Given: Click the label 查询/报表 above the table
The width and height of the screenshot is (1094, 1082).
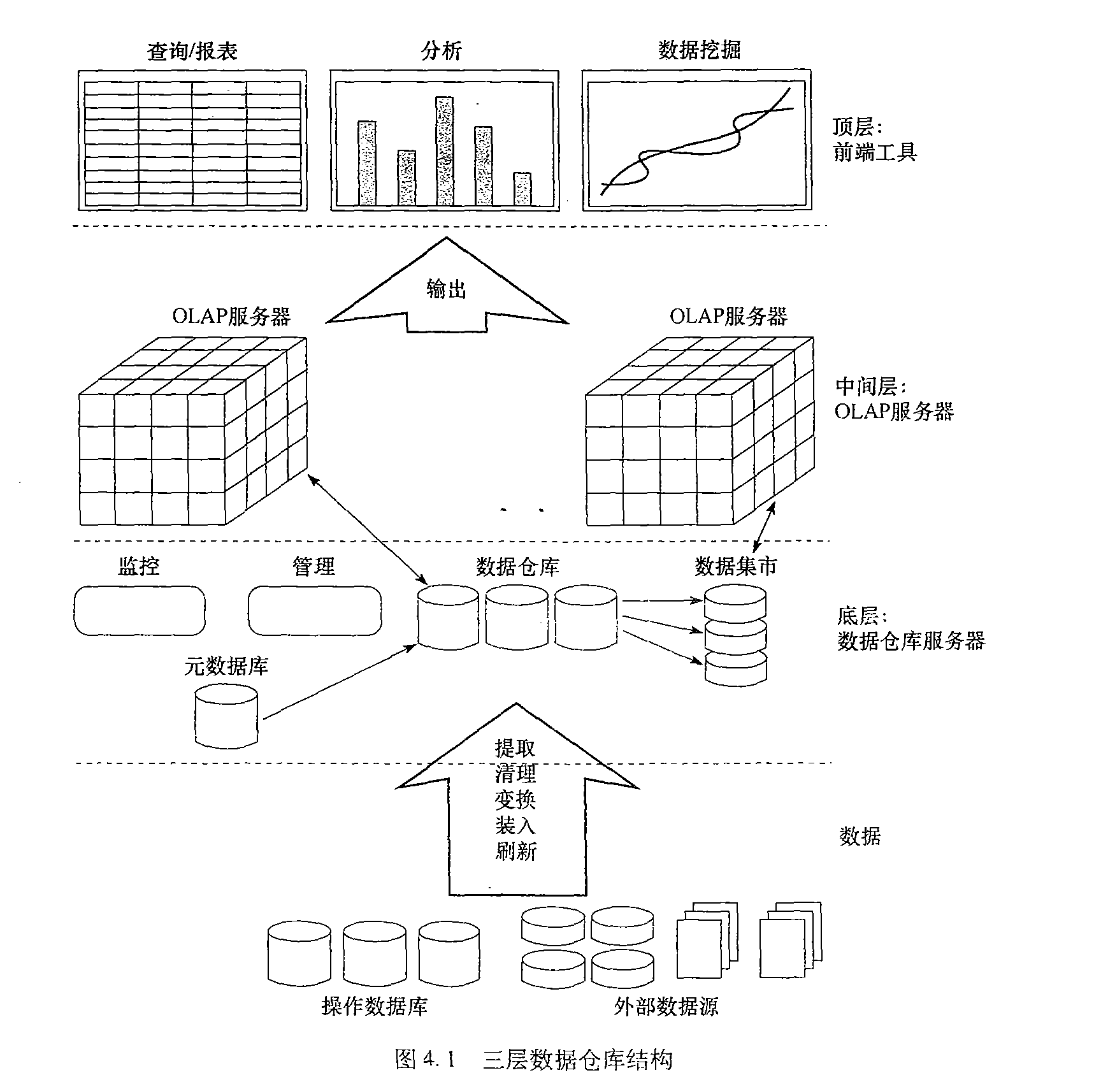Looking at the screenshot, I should coord(192,52).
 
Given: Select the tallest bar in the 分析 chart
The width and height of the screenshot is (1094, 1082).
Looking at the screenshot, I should coord(445,151).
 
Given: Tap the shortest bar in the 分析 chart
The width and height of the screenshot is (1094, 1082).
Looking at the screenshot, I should coord(522,189).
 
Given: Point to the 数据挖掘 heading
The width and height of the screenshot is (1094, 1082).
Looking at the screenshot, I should coord(699,50).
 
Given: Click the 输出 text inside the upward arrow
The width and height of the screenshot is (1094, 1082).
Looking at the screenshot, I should coord(446,290).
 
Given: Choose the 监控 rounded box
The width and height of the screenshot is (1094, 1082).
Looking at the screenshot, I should coord(140,611).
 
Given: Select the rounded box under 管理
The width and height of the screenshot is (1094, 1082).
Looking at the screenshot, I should coord(315,611).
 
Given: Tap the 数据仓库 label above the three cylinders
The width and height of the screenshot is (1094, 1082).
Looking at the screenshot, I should coord(517,566).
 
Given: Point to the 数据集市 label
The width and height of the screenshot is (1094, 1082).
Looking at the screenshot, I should coord(735,566).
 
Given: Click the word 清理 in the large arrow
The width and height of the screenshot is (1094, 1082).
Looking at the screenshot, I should coord(515,774).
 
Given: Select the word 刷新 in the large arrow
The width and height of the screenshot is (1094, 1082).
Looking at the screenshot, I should coord(515,851).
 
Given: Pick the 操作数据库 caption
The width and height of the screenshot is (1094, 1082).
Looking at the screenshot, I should coord(374,1006).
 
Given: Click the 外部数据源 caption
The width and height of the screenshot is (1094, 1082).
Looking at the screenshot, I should coord(666,1006).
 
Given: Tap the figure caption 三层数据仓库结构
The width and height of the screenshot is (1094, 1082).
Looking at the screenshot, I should coord(577,1059).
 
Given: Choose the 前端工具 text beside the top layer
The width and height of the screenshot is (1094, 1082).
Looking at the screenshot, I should coord(875,152).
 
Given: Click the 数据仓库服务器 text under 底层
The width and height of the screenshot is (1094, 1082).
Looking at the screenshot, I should coord(911,640).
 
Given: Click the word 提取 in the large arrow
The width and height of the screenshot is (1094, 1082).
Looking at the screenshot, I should coord(515,747).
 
